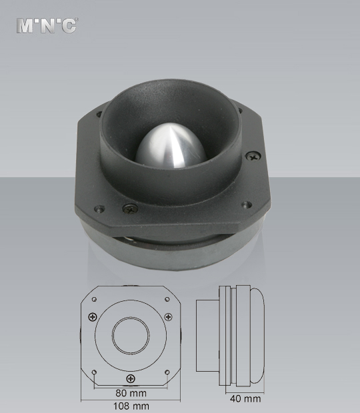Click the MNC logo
[47, 25]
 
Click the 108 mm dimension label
[130, 405]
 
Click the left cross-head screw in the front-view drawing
[92, 316]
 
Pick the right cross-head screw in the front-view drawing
[169, 316]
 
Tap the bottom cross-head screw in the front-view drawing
[131, 378]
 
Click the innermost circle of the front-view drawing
[130, 335]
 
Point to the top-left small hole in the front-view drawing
[95, 299]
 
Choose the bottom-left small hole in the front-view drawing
[95, 370]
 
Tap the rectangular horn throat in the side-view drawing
[207, 336]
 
